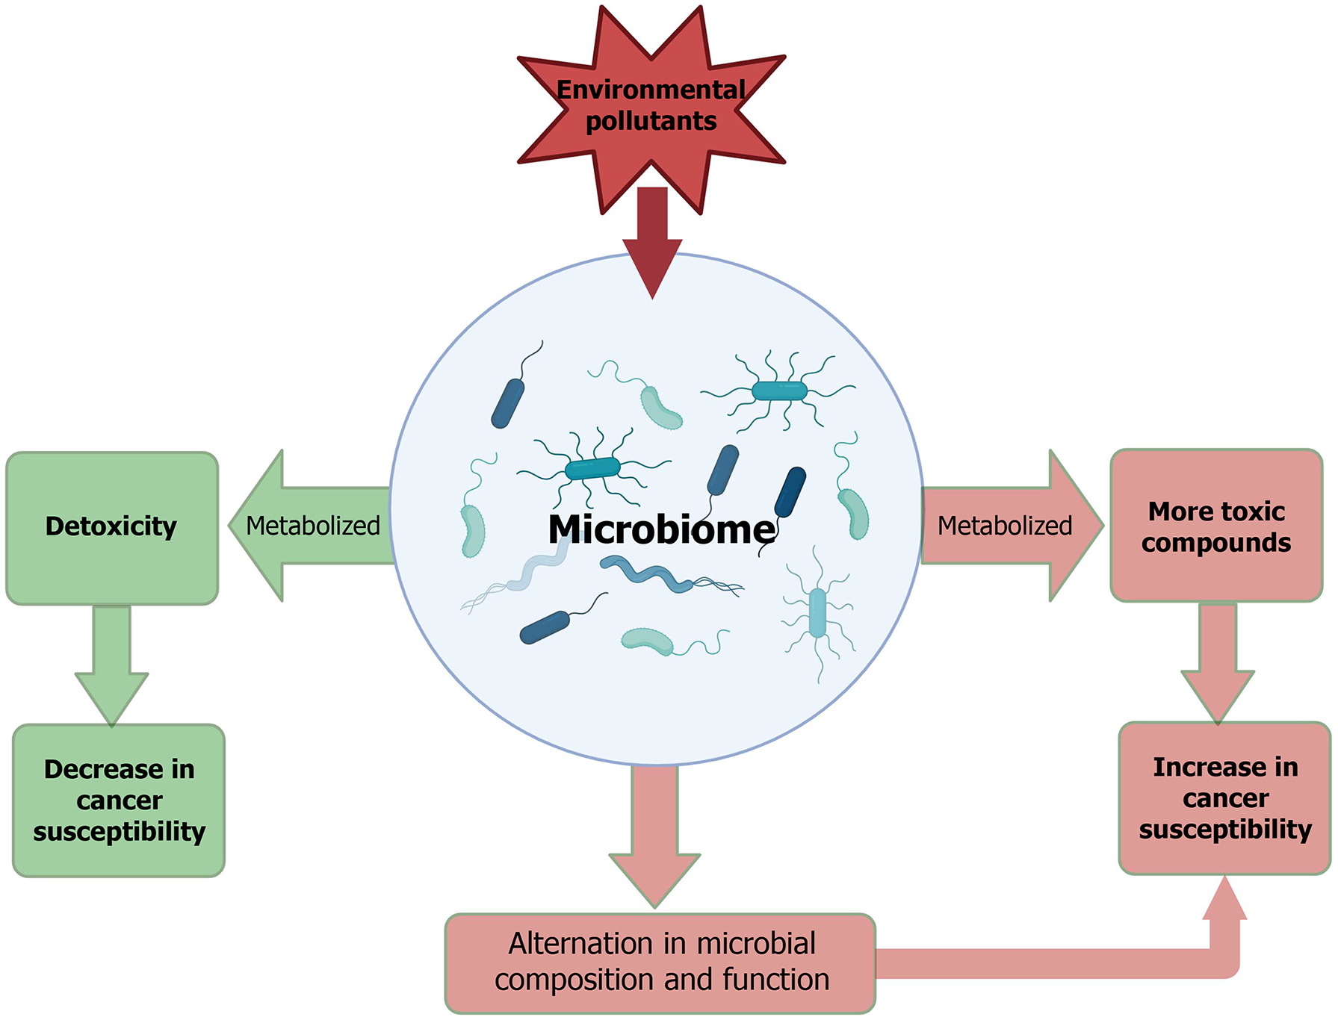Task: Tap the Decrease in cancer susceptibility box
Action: (119, 800)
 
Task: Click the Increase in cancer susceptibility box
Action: (1225, 797)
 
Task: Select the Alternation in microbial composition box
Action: (660, 963)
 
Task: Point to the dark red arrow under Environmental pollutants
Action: (653, 239)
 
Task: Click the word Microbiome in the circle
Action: (661, 529)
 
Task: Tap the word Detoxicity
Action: (111, 526)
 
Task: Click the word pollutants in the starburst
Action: (651, 121)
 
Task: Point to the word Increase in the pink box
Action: (1188, 767)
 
